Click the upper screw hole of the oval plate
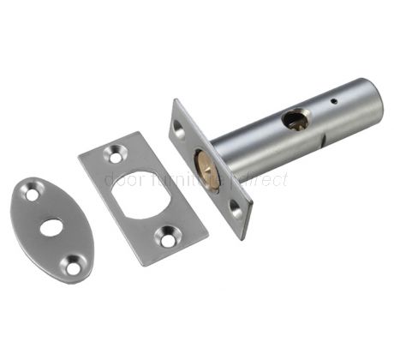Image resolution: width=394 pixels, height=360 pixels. [x=32, y=195]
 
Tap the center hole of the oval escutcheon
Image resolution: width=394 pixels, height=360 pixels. [x=52, y=229]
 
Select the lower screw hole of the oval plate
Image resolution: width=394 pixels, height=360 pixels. [x=73, y=267]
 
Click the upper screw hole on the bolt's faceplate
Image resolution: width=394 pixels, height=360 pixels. [x=178, y=128]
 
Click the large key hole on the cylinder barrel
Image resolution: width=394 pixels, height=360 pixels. [x=295, y=121]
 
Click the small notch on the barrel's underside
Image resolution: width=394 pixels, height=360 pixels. [x=321, y=141]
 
